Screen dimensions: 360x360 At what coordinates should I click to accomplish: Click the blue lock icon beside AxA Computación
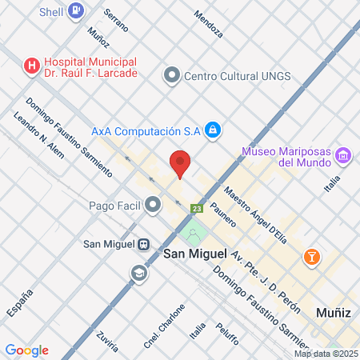tap(212, 130)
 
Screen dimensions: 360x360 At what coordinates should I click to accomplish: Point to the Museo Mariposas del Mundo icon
tap(343, 154)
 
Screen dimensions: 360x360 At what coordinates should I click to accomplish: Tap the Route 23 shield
tap(196, 209)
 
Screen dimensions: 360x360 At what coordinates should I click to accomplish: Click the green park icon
tap(191, 235)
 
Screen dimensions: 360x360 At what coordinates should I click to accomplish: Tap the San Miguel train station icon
tap(143, 244)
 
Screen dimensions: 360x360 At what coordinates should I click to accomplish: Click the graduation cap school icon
tap(139, 274)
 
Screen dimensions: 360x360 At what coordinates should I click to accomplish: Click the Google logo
tap(26, 350)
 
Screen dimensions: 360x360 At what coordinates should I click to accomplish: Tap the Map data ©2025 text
tap(325, 354)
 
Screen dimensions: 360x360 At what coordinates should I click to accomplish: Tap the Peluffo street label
tap(227, 334)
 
